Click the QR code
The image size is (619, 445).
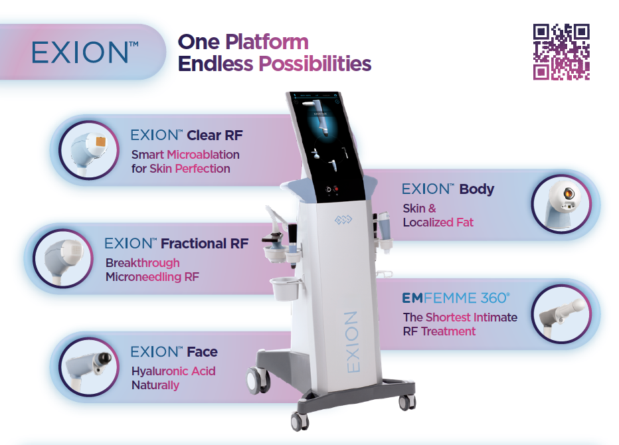(x=561, y=52)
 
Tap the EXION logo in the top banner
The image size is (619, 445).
(x=85, y=52)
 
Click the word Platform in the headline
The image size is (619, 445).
(x=267, y=42)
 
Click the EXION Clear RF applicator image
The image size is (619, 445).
(x=89, y=151)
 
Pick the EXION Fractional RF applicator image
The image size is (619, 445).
(x=63, y=258)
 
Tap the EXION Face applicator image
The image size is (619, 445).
(x=89, y=367)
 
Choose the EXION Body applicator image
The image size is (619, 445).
(x=561, y=204)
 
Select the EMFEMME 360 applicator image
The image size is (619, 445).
(x=561, y=314)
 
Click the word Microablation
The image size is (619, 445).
(x=203, y=154)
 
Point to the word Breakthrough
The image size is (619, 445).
(x=143, y=262)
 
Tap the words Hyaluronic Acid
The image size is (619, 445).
(x=173, y=371)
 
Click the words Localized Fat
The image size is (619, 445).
(x=438, y=222)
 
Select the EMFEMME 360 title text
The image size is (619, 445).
(x=456, y=298)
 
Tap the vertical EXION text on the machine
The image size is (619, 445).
(x=352, y=342)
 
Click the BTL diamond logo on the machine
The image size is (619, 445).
(x=343, y=220)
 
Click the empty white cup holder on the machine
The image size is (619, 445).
(x=286, y=289)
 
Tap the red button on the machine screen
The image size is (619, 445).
(x=336, y=189)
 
